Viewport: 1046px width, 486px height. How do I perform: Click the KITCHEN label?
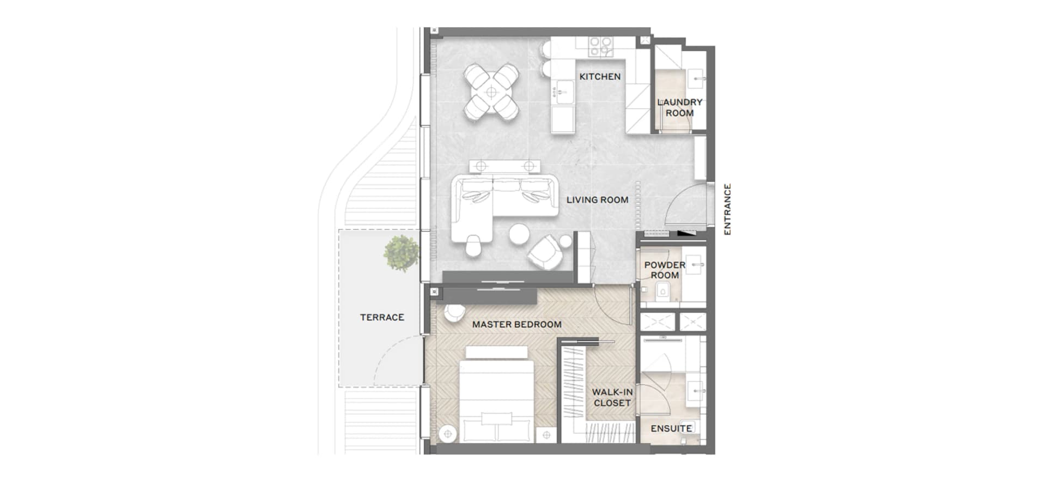(600, 77)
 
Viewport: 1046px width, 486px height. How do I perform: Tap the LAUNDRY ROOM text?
(679, 107)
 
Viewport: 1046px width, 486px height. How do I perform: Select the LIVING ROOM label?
(597, 200)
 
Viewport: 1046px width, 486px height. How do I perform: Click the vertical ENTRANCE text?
(727, 209)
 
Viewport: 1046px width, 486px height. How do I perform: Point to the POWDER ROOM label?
(665, 270)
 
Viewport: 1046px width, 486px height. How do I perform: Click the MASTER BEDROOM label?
(516, 325)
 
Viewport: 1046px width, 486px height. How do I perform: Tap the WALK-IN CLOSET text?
(612, 398)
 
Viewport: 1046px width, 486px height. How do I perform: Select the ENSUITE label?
(671, 429)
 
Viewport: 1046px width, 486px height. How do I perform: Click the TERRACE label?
(382, 317)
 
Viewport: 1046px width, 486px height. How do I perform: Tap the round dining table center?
(491, 93)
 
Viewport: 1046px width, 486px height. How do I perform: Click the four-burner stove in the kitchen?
(600, 46)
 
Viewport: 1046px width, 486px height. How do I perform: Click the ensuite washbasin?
(697, 391)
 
